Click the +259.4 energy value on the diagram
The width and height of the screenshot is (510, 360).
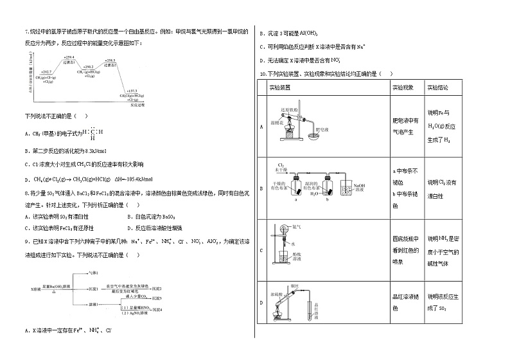pyautogui.click(x=69, y=57)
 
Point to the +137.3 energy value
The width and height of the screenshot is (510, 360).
pyautogui.click(x=132, y=91)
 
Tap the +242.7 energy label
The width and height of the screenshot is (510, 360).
pyautogui.click(x=46, y=71)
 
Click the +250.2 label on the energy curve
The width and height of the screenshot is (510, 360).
pyautogui.click(x=89, y=66)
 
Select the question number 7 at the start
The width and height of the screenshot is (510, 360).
pyautogui.click(x=26, y=32)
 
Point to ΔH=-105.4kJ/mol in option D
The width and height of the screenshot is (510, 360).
pyautogui.click(x=134, y=179)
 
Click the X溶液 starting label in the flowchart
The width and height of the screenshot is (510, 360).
pyautogui.click(x=37, y=291)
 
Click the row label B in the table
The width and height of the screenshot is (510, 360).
pyautogui.click(x=261, y=188)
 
